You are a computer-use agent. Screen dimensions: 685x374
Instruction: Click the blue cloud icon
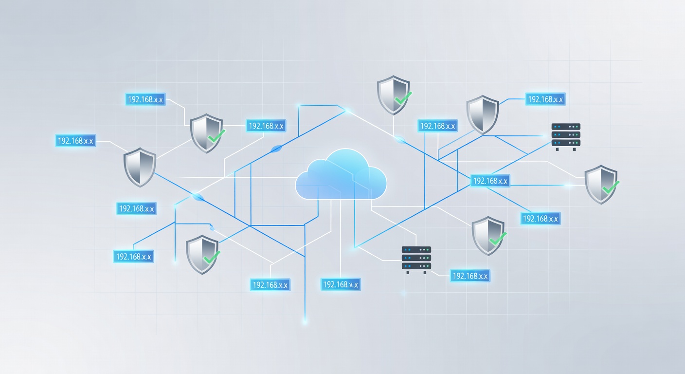coord(341,175)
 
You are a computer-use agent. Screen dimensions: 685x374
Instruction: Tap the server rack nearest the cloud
coord(416,260)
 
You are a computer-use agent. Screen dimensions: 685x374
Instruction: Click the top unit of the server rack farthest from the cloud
coord(566,127)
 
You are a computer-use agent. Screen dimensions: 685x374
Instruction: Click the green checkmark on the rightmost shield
coord(611,187)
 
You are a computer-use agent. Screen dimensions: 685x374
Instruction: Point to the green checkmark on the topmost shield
coord(403,98)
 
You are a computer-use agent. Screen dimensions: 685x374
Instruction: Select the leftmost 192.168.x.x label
coord(75,141)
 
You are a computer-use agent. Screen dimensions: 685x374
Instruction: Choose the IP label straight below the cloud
coord(341,284)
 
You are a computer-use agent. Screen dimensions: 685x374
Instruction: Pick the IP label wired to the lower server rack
coord(470,276)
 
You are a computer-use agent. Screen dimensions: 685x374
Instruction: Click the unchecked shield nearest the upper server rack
coord(483,115)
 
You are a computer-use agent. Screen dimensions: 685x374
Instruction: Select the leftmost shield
coord(140,167)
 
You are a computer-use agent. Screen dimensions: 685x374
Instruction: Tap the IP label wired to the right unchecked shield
coord(545,99)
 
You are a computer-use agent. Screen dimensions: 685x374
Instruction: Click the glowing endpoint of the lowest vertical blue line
coord(305,321)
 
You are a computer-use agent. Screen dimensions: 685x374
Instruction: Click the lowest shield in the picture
coord(202,255)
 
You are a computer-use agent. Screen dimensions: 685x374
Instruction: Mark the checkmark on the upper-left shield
coord(216,135)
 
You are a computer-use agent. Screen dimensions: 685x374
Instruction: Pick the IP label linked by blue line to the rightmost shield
coord(490,181)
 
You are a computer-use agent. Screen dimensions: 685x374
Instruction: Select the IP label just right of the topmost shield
coord(437,126)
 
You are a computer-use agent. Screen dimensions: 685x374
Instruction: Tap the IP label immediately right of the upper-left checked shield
coord(266,126)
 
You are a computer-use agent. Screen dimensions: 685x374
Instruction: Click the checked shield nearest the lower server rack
coord(488,236)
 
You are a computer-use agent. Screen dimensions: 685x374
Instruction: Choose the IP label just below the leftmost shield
coord(136,208)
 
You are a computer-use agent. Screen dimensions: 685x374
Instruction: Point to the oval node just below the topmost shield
coord(400,140)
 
